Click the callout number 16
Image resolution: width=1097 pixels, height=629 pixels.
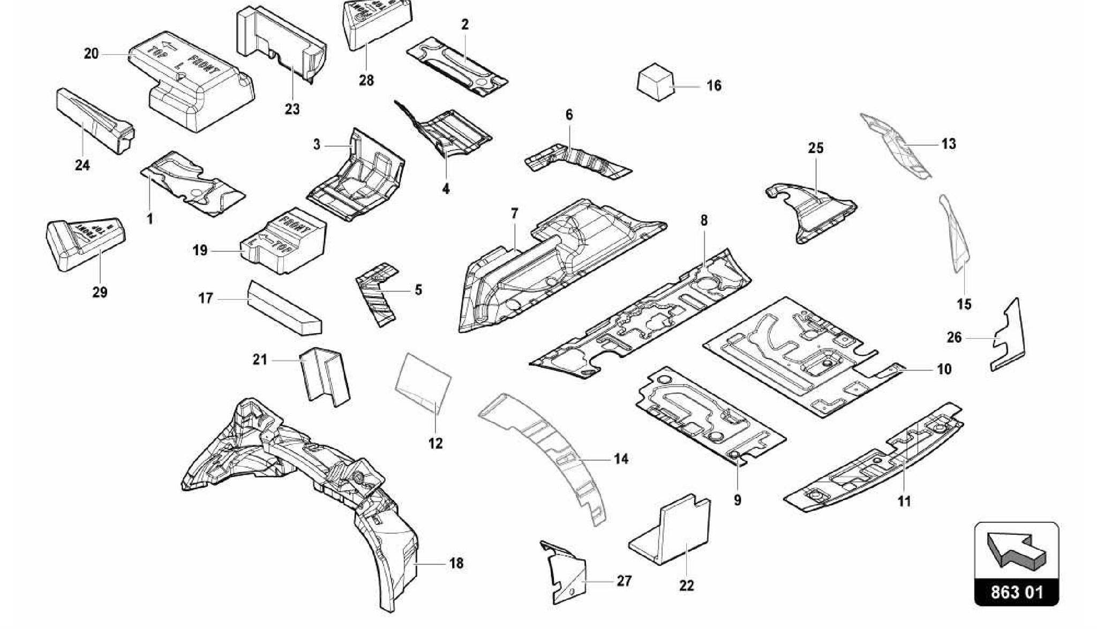click(713, 86)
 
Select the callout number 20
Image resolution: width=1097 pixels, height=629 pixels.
click(92, 54)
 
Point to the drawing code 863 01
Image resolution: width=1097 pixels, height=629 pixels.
click(1016, 593)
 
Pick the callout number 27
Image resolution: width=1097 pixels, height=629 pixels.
click(624, 581)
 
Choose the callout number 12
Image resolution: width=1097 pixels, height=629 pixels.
click(435, 444)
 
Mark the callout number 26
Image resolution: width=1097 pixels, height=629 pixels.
click(954, 338)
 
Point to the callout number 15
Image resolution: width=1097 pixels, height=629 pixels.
click(964, 304)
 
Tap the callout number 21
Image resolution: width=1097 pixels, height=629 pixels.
click(260, 360)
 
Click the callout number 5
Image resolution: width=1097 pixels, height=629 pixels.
click(418, 290)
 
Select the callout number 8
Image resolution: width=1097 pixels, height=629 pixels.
click(704, 220)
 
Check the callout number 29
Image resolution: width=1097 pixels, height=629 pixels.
click(100, 293)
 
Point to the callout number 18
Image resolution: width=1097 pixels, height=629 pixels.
click(456, 564)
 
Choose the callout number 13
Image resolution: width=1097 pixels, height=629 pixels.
click(948, 144)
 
